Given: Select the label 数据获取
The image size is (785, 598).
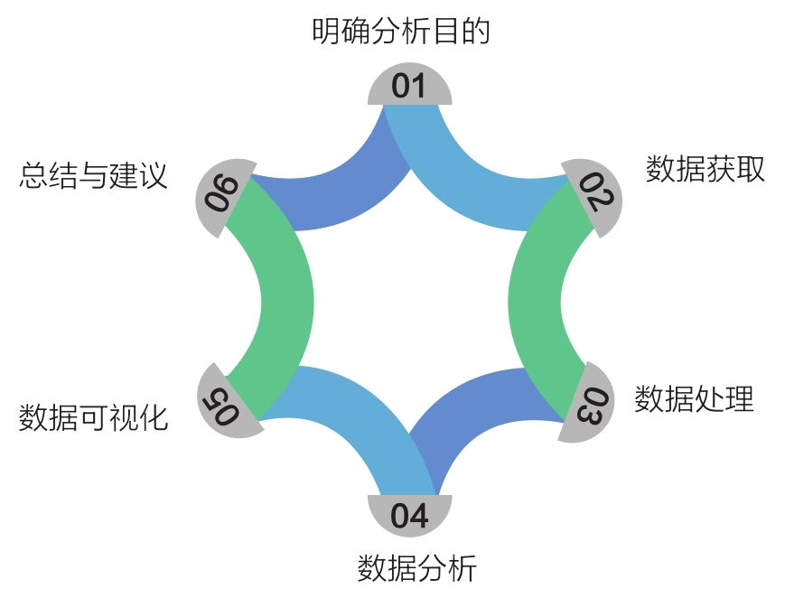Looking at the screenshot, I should click(705, 169).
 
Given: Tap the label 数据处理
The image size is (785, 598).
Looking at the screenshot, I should click(693, 398).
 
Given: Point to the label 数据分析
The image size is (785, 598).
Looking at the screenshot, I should click(416, 569).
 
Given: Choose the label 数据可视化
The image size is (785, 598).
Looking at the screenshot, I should click(93, 417).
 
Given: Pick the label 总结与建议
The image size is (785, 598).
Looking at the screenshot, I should click(93, 175).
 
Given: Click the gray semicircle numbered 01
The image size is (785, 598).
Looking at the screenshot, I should click(409, 87).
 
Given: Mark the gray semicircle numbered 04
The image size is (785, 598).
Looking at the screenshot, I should click(409, 514).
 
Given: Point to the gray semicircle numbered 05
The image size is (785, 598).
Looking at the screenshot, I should click(225, 399).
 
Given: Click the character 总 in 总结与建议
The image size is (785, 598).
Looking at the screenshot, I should click(33, 175).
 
